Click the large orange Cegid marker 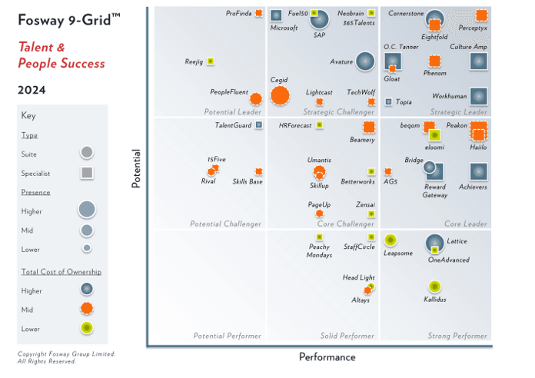pos(280,95)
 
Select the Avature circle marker pos(365,61)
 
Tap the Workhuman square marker pos(478,96)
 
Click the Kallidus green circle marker pos(434,287)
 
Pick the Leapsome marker pos(390,240)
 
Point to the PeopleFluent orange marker pos(256,98)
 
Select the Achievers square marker pos(478,171)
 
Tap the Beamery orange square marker pos(368,128)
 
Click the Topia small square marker pos(388,101)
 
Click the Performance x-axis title pos(327,357)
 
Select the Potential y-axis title pos(136,168)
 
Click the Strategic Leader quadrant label pos(459,112)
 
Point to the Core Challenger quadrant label pos(346,224)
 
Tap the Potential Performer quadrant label pos(227,336)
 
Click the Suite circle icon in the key pos(87,152)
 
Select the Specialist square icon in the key pos(87,173)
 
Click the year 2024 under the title pos(32,90)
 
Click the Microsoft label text pos(284,28)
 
